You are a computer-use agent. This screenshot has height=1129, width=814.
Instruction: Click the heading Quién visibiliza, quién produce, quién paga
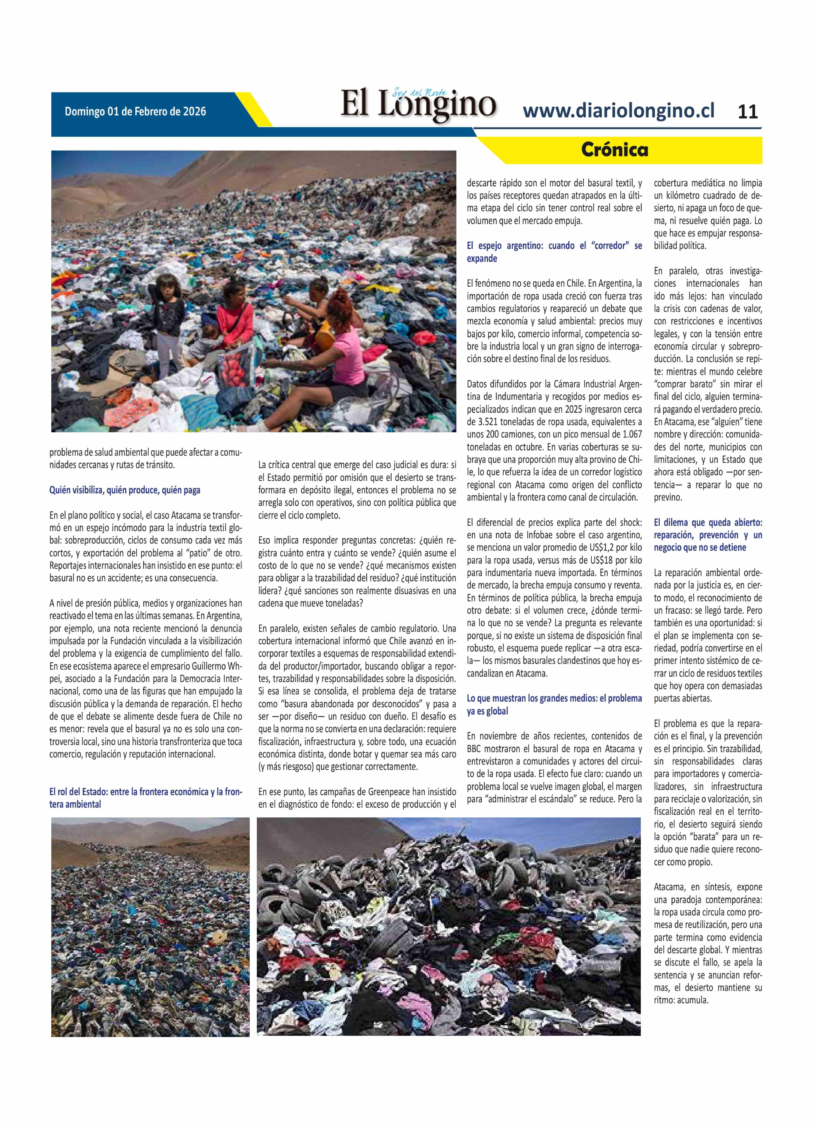click(124, 490)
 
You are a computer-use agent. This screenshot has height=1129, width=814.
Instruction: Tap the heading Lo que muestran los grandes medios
click(554, 704)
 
